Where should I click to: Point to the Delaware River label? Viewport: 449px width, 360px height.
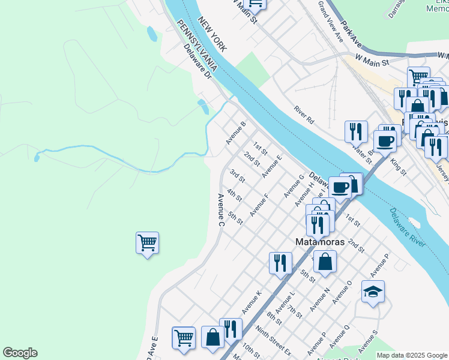[x=407, y=226]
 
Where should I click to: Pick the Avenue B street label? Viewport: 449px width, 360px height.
[x=236, y=133]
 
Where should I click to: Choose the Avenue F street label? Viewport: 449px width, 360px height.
[x=259, y=204]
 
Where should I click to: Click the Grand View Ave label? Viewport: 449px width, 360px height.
[x=330, y=21]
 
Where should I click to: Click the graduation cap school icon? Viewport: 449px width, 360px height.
[x=373, y=292]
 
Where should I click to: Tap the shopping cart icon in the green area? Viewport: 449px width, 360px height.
[x=147, y=242]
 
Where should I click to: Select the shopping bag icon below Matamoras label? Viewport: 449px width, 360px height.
[x=325, y=262]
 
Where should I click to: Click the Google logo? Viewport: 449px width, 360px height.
[x=20, y=353]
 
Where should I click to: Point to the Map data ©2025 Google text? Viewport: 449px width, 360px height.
[x=411, y=355]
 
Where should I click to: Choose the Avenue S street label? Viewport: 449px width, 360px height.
[x=368, y=341]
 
